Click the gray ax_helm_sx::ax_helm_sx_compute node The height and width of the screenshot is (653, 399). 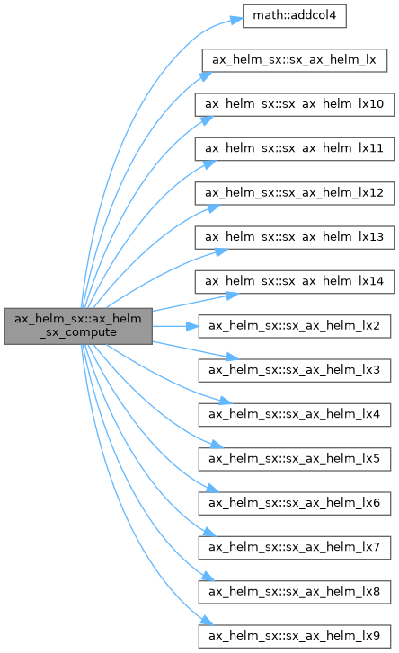tap(78, 326)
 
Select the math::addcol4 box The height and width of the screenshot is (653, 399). tap(295, 16)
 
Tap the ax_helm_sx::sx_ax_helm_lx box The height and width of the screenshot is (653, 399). tap(295, 60)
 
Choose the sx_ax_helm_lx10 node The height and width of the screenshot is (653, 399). tap(295, 104)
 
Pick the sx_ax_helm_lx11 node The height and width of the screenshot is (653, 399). tap(295, 149)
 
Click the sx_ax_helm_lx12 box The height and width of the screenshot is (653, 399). tap(295, 193)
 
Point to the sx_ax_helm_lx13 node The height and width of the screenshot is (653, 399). tap(295, 237)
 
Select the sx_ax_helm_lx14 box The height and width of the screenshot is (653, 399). tap(295, 281)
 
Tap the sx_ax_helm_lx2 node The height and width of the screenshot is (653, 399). tap(295, 326)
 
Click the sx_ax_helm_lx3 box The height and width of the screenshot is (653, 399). tap(295, 370)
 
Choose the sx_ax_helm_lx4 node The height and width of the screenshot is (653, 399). tap(295, 415)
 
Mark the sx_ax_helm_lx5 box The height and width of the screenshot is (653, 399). tap(295, 459)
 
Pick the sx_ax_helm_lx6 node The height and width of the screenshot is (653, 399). tap(295, 503)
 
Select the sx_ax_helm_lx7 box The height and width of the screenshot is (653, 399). tap(295, 548)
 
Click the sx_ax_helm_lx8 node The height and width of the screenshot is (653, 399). tap(295, 592)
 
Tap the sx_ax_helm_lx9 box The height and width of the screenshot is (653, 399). tap(295, 636)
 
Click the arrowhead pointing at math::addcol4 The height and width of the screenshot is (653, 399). tap(236, 20)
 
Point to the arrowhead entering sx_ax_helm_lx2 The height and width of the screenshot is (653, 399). tap(192, 326)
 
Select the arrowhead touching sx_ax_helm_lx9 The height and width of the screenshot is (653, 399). tap(207, 620)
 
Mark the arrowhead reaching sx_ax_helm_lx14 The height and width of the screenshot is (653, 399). tap(233, 296)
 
